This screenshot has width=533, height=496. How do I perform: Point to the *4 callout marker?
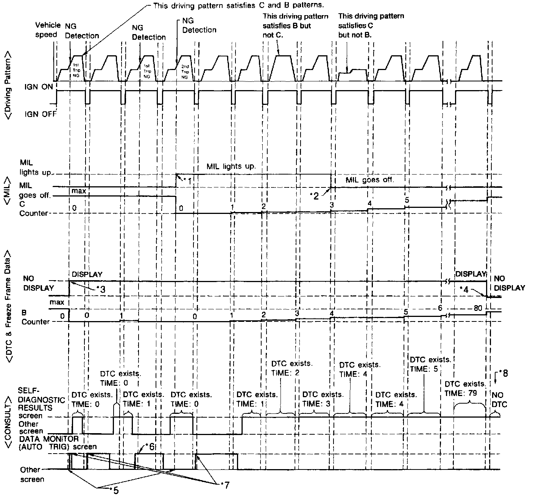[x=464, y=289]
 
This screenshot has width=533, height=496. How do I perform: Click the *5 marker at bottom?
[x=114, y=490]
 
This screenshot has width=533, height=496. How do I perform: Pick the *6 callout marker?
[x=150, y=446]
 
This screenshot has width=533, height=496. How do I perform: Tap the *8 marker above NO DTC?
[x=504, y=373]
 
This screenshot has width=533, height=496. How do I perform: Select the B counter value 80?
[x=478, y=308]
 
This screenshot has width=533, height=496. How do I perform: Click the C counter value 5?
[x=407, y=200]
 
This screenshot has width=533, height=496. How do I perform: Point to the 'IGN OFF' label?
[x=41, y=114]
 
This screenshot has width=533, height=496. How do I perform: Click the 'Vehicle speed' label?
[x=47, y=30]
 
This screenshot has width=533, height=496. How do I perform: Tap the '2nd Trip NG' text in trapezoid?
[x=185, y=71]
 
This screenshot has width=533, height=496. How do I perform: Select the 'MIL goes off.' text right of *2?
[x=370, y=180]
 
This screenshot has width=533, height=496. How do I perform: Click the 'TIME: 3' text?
[x=316, y=404]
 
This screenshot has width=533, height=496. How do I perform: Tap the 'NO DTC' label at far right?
[x=497, y=399]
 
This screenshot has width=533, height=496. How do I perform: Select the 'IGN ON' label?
[x=41, y=87]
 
